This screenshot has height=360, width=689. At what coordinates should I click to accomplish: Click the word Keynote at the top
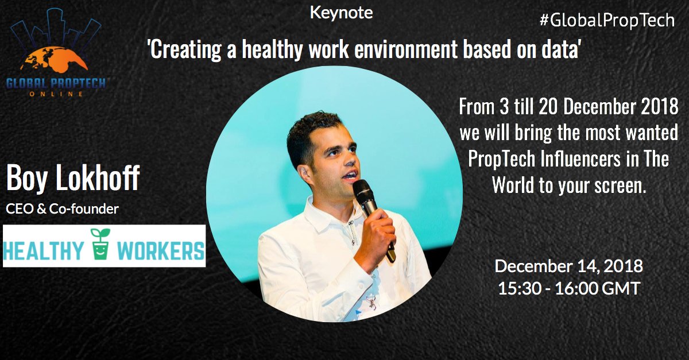(341, 13)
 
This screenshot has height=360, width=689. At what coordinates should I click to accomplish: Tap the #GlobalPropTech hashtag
(607, 21)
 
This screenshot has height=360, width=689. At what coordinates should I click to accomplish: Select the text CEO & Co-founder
(62, 208)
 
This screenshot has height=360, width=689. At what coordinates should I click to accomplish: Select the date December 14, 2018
(568, 267)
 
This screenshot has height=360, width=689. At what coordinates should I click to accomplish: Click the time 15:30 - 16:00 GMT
(568, 288)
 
